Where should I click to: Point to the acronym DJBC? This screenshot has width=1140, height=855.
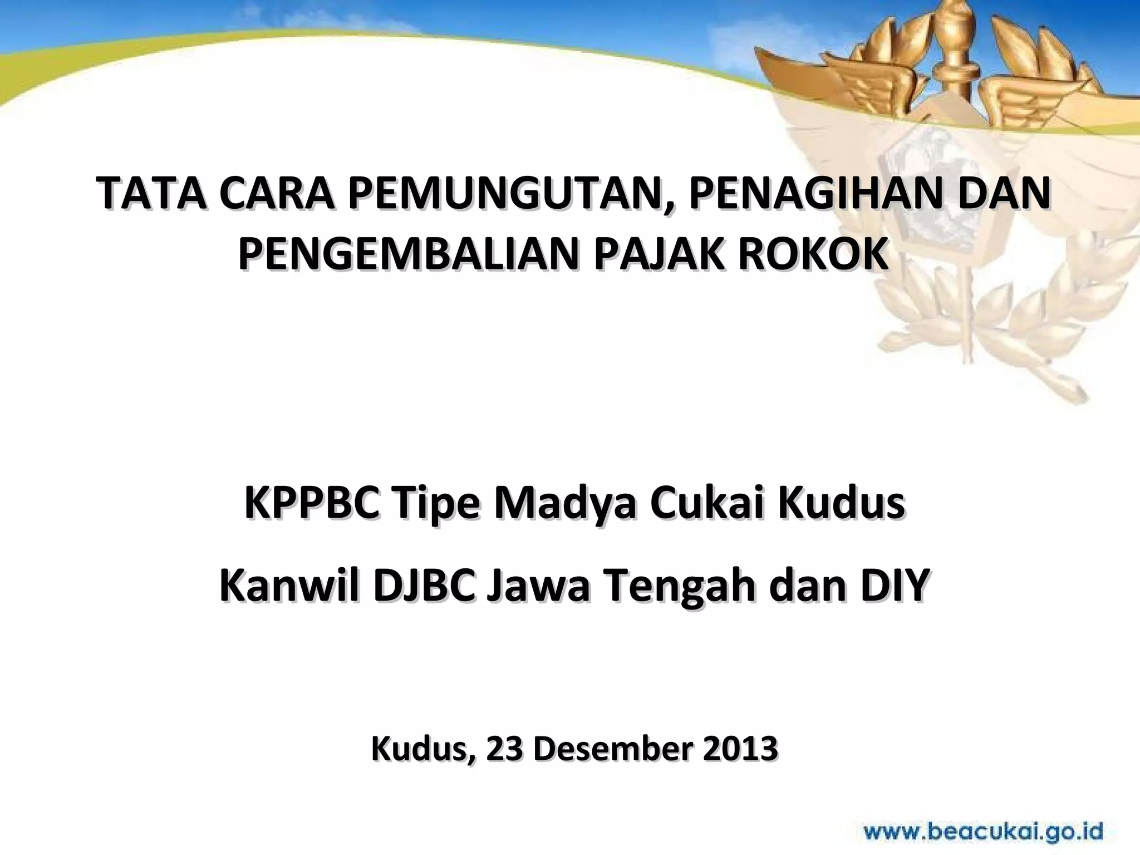[x=425, y=587]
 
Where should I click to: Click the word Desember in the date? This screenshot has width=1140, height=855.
[x=610, y=749]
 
